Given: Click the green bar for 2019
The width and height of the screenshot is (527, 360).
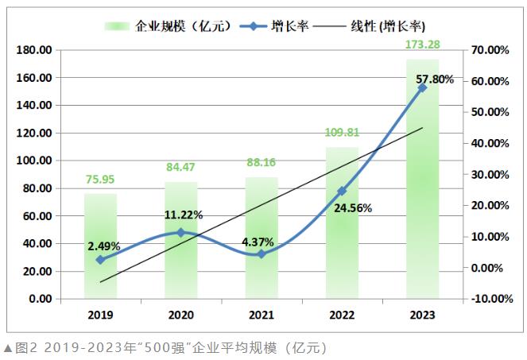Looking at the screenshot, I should (x=100, y=246).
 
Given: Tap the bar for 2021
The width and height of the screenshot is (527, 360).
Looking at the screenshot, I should (x=262, y=238).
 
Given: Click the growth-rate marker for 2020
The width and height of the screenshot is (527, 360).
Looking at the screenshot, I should (x=180, y=233).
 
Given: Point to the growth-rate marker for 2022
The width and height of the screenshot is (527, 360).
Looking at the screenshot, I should (x=342, y=191).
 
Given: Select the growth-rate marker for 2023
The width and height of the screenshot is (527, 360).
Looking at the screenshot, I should (x=422, y=87).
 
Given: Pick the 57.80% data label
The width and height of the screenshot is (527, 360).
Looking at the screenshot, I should (x=434, y=79).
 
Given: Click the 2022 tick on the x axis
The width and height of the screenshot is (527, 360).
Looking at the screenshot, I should (x=342, y=315).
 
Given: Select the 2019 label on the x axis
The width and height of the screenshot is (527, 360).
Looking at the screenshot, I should (x=100, y=315).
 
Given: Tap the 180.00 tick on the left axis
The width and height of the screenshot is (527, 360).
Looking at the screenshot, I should (x=33, y=50).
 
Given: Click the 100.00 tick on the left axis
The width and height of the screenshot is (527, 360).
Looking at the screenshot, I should (x=33, y=161).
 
